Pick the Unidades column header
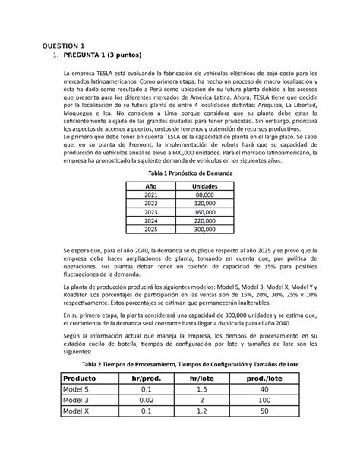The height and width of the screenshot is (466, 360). pyautogui.click(x=204, y=186)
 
